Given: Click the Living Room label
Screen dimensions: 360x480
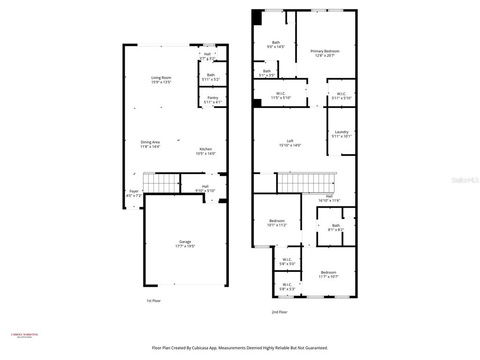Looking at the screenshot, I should (161, 78).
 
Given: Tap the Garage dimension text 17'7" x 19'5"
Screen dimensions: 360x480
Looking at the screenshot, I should (185, 246).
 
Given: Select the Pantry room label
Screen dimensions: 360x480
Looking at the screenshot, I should (212, 97).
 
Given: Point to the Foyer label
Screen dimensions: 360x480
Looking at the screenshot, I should (134, 191).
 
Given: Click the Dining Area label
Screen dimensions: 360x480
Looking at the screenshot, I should (150, 142).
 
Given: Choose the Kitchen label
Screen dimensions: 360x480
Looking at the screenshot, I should (205, 149).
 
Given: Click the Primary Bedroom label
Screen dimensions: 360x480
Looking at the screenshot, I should (325, 51).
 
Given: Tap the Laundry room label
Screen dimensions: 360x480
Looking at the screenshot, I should (341, 132).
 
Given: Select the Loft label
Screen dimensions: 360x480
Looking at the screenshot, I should (290, 141).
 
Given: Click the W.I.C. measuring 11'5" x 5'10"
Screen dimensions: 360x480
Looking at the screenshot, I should (281, 93).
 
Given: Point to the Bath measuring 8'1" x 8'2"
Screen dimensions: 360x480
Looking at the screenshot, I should (336, 225).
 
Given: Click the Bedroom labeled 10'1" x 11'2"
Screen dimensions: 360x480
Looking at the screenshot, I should (277, 221).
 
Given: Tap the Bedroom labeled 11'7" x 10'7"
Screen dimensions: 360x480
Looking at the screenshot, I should (328, 272).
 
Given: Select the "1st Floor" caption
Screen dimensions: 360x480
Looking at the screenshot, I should (153, 301).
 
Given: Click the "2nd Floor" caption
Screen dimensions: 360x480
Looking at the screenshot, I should (279, 312).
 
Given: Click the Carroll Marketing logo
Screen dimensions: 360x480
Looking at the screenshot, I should (24, 335).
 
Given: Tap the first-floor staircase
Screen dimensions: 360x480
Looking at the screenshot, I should (162, 183).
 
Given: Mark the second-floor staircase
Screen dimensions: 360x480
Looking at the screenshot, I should (306, 182).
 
